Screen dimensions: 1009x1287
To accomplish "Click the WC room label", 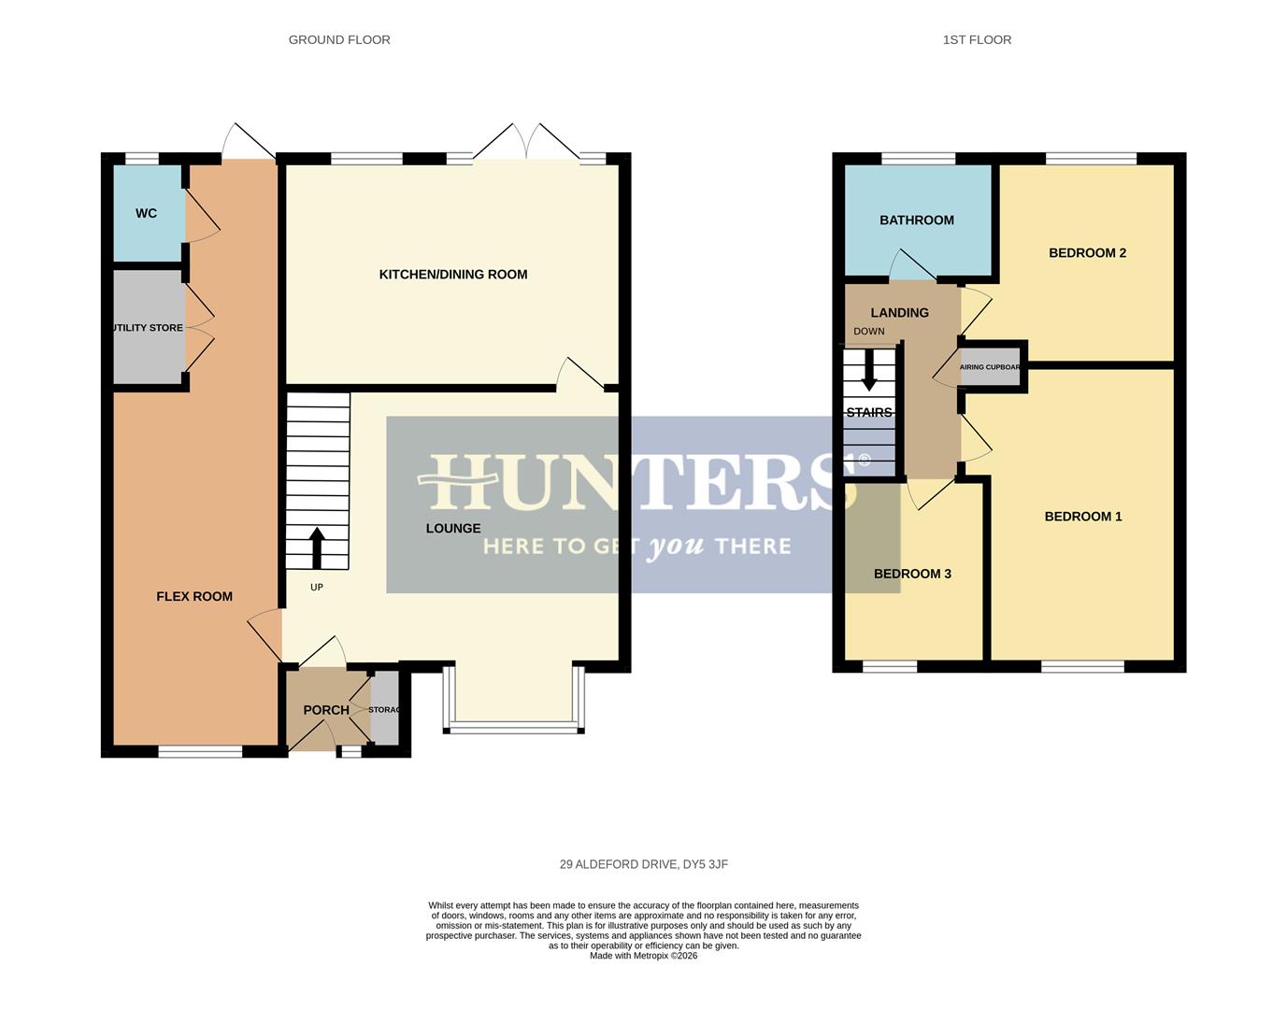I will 146,213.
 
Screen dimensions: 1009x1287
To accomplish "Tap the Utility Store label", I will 148,328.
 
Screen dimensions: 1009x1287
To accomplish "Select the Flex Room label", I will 194,596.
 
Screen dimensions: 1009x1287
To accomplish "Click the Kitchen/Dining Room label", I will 453,275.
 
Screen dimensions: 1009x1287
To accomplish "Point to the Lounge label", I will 453,529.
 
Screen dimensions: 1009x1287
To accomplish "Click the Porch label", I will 326,710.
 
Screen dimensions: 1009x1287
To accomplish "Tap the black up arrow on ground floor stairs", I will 317,547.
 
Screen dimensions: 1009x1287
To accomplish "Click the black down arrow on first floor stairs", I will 869,370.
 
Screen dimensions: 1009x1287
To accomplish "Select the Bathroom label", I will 917,220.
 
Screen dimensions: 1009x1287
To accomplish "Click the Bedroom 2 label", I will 1087,253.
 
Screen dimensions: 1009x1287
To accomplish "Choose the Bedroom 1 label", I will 1083,517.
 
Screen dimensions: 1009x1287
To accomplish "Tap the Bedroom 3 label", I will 912,574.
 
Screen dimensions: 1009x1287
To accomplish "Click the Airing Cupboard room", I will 991,367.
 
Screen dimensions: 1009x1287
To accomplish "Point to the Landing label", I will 899,313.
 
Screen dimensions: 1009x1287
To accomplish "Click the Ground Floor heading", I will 339,40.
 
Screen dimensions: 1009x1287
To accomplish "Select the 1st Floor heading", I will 977,40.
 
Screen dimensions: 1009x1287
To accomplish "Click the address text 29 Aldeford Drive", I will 643,865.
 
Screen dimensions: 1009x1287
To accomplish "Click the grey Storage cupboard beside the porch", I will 385,710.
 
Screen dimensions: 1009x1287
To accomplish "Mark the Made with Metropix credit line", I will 643,956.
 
